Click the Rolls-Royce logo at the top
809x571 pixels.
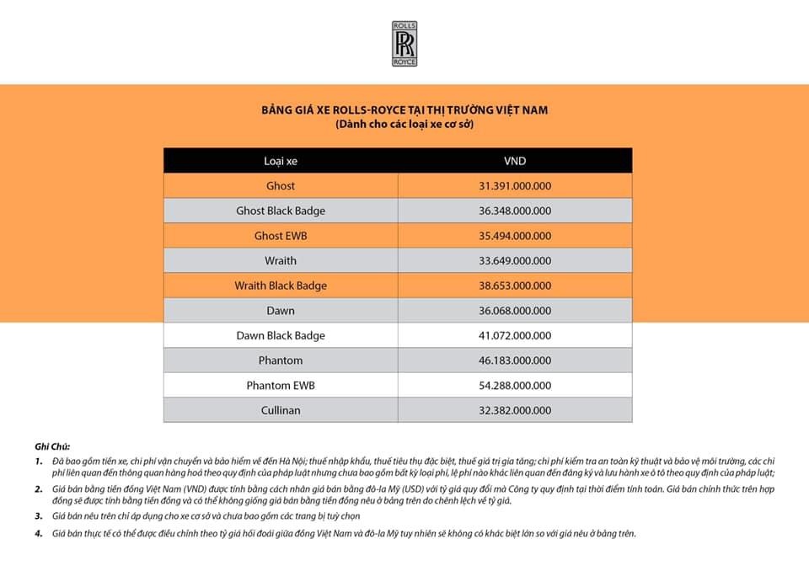(x=404, y=44)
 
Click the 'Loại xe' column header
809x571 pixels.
(x=281, y=161)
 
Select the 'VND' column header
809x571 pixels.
(x=515, y=161)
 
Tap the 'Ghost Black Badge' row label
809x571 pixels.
(x=281, y=211)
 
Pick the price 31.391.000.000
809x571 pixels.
(x=515, y=185)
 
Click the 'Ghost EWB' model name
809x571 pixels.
(x=281, y=236)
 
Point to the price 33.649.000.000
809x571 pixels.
(x=515, y=260)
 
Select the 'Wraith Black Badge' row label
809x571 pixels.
(x=281, y=285)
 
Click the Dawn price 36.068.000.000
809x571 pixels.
(x=515, y=311)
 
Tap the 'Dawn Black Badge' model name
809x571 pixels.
(x=281, y=335)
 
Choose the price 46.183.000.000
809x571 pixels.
(x=515, y=360)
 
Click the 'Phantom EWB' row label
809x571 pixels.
(x=281, y=386)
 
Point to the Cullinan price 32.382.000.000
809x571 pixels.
(x=515, y=410)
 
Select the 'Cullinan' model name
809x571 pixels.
(x=281, y=410)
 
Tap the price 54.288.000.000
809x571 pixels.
(x=515, y=386)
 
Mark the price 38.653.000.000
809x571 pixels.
(x=515, y=285)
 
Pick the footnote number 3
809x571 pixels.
(x=39, y=515)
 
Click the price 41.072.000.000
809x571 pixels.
(x=515, y=335)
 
